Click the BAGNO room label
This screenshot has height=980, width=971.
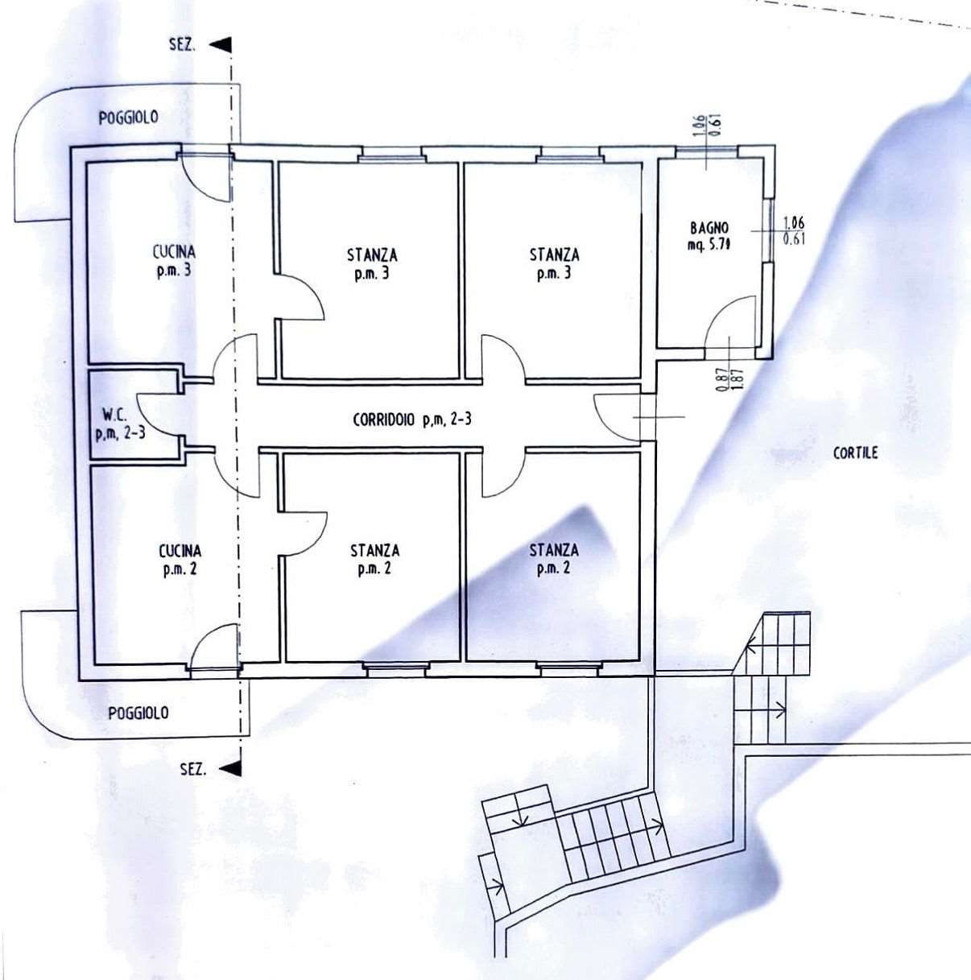tap(709, 227)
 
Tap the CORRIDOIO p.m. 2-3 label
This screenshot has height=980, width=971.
tap(412, 419)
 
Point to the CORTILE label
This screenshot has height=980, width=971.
tap(855, 453)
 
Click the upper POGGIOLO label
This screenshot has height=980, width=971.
tap(128, 118)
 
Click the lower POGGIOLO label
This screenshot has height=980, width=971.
tap(138, 713)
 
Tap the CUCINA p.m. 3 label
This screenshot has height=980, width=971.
tap(174, 261)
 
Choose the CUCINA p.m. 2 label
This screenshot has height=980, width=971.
tap(180, 560)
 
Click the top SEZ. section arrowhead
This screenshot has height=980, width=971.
tap(221, 45)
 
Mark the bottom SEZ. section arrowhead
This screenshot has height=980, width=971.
tap(230, 768)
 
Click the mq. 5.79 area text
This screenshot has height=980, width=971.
tap(709, 246)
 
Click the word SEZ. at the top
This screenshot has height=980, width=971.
tap(182, 45)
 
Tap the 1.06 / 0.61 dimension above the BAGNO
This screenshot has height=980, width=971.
tap(706, 126)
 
